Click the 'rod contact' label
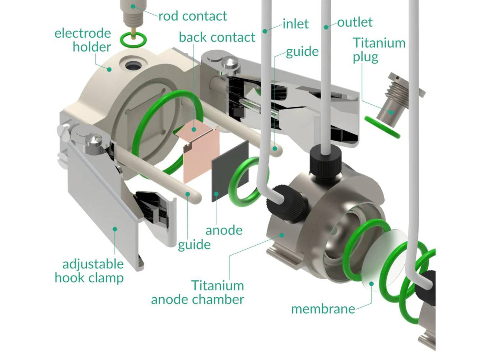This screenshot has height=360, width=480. pyautogui.click(x=193, y=16)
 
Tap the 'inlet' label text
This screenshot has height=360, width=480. pyautogui.click(x=296, y=24)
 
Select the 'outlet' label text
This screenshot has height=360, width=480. pyautogui.click(x=355, y=22)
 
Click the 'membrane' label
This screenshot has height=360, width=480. pyautogui.click(x=323, y=309)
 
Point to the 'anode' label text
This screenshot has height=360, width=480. pyautogui.click(x=224, y=230)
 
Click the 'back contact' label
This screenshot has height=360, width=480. pyautogui.click(x=217, y=37)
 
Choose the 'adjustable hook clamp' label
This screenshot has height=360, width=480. pyautogui.click(x=89, y=271)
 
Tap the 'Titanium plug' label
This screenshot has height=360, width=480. pyautogui.click(x=379, y=50)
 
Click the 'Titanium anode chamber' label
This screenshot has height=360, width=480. pyautogui.click(x=198, y=292)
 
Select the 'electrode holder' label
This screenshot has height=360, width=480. pyautogui.click(x=83, y=40)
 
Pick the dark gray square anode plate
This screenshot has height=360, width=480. pyautogui.click(x=230, y=171)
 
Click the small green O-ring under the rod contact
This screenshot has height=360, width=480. pyautogui.click(x=133, y=40)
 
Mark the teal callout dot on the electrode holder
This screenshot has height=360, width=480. pyautogui.click(x=109, y=70)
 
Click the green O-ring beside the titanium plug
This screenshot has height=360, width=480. pyautogui.click(x=382, y=127)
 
